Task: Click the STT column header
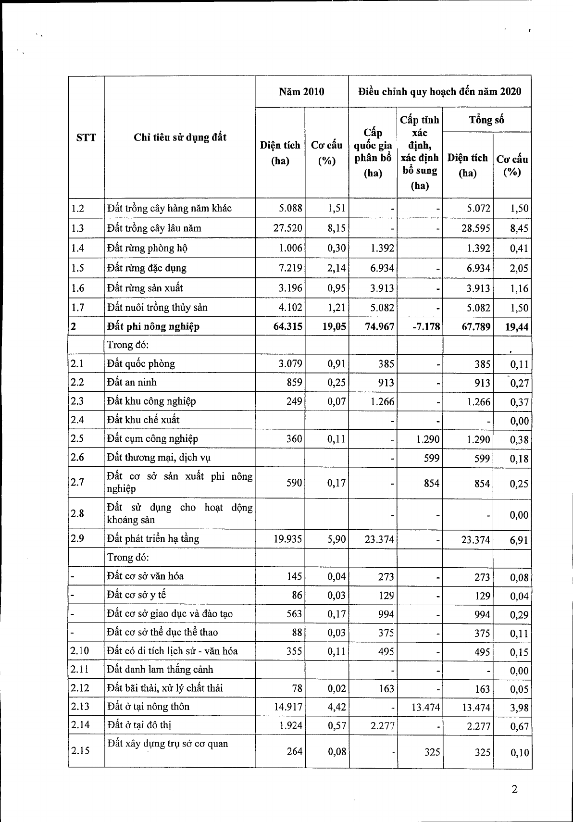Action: [86, 138]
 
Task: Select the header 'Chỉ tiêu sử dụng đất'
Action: [180, 137]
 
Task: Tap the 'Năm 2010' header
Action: [301, 91]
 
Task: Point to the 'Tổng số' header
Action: [486, 120]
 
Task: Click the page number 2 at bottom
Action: [514, 789]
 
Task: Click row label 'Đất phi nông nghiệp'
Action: [153, 327]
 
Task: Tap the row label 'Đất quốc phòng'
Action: [141, 364]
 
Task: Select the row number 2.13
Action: [80, 707]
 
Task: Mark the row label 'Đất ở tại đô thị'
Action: [139, 725]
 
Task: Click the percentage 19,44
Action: [517, 327]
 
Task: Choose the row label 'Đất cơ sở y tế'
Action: [137, 595]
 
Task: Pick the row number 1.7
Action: [77, 308]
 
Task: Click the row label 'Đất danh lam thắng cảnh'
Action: [160, 670]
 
